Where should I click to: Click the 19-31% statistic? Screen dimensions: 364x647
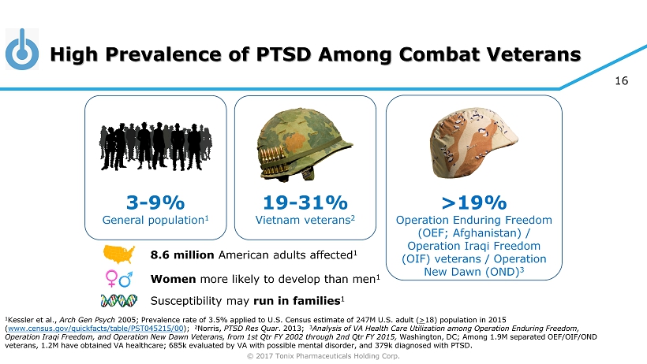305,202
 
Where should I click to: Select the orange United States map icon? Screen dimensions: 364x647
118,254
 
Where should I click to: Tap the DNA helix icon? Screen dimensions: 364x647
118,300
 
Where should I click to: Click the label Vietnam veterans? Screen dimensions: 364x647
303,221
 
